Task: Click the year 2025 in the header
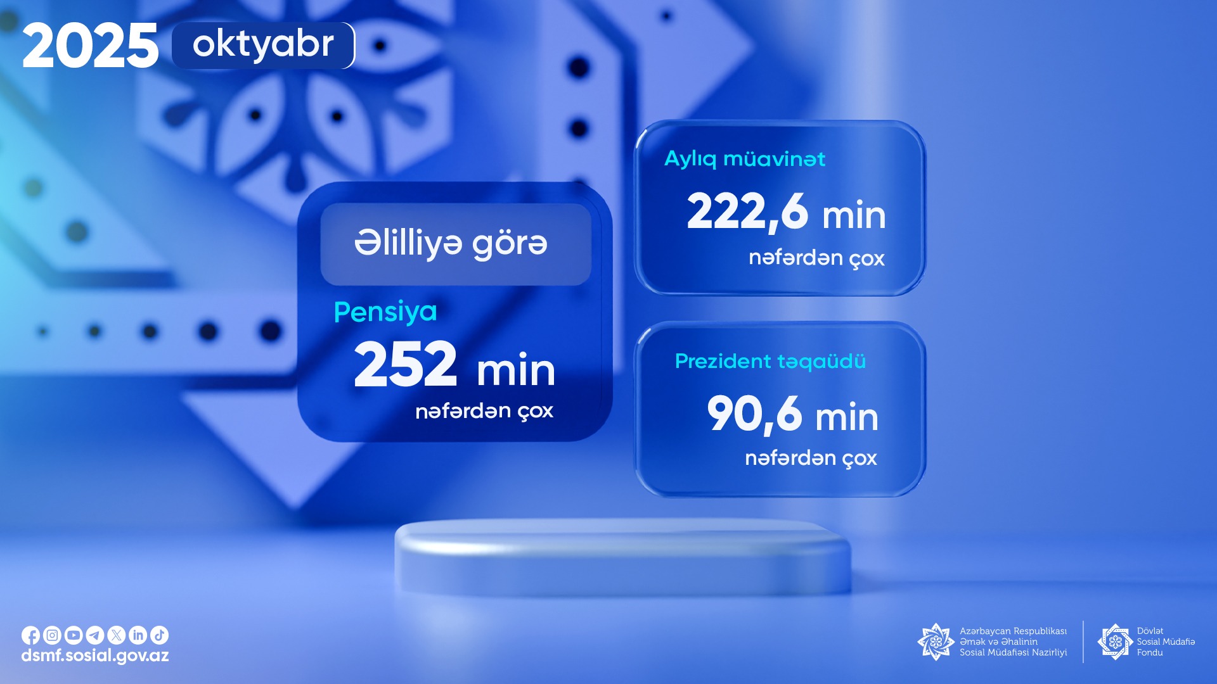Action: point(90,46)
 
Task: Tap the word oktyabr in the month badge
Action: point(263,44)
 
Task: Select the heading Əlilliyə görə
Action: point(451,244)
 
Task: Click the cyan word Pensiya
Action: point(385,312)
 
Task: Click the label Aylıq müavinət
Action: point(745,159)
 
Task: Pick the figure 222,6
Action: point(747,212)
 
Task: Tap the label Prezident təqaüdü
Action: point(770,361)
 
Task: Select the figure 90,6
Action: point(754,414)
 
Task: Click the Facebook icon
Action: point(30,635)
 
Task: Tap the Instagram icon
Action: point(52,635)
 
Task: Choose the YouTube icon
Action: point(74,635)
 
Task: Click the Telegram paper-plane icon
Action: point(95,635)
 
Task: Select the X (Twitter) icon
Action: point(117,635)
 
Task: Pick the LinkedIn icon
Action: point(138,635)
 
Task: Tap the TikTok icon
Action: point(160,635)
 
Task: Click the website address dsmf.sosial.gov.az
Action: point(95,656)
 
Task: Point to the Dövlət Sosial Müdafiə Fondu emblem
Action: point(1116,642)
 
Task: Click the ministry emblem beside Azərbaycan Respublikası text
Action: point(936,642)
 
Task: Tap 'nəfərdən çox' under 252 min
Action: point(484,412)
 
